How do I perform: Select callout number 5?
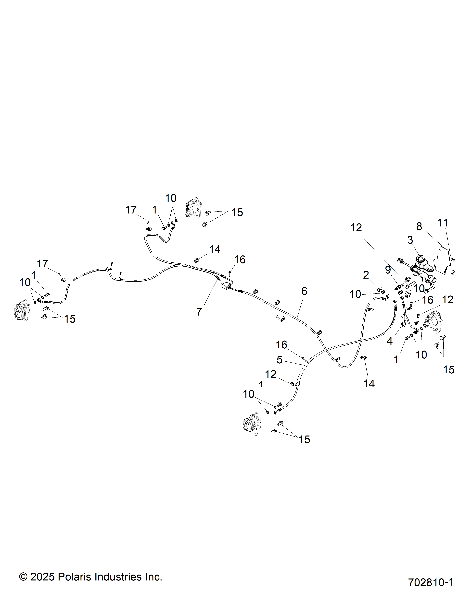pyautogui.click(x=280, y=360)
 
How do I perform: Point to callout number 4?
pyautogui.click(x=390, y=341)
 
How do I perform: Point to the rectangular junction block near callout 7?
pyautogui.click(x=226, y=287)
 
